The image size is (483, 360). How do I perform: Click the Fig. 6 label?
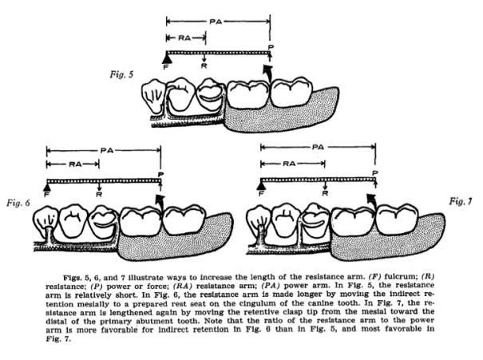click(x=17, y=201)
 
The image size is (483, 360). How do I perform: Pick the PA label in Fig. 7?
click(x=319, y=148)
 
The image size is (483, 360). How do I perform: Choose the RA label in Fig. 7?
click(x=293, y=163)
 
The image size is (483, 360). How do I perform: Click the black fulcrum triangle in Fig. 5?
click(x=167, y=56)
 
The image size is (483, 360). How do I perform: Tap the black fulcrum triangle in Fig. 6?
click(x=47, y=184)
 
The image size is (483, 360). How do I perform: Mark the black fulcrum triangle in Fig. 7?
click(x=260, y=184)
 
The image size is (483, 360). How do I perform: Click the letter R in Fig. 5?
click(x=205, y=67)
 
